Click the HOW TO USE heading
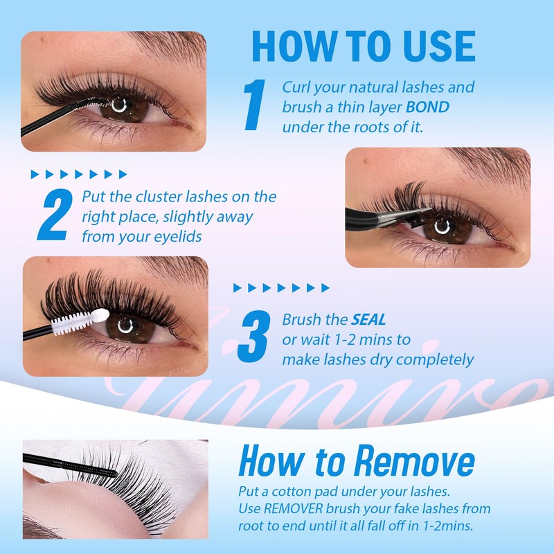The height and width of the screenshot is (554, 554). coord(363,46)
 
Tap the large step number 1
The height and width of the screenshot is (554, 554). coord(254,105)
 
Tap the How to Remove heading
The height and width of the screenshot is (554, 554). coord(356,462)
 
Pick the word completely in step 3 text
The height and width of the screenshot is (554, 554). coord(438,359)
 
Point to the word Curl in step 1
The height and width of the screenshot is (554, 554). coord(295,87)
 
